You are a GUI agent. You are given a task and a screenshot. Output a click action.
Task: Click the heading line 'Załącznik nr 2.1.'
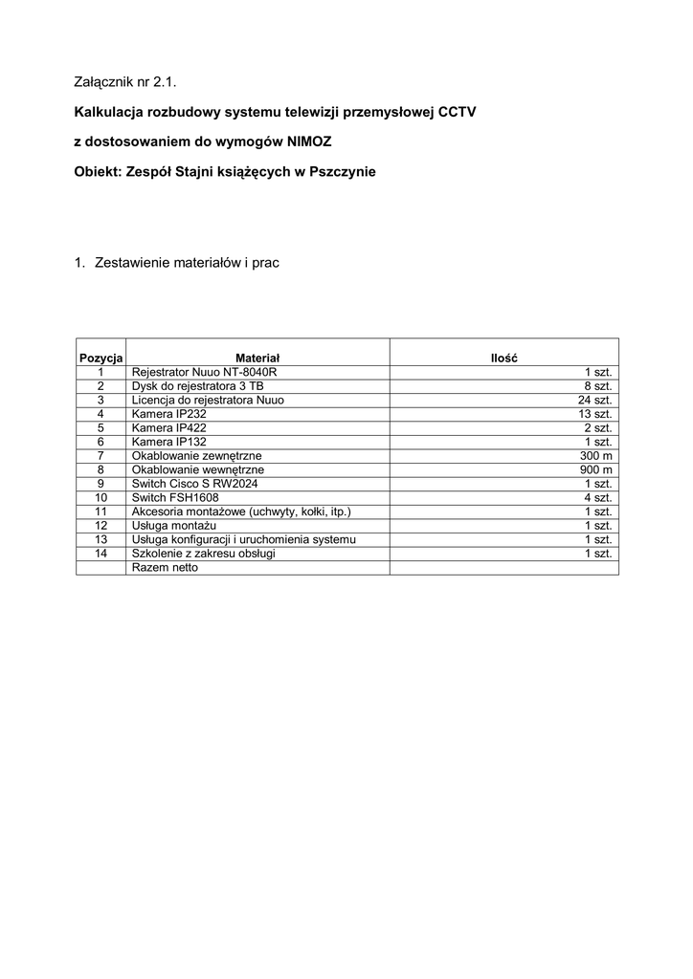124,82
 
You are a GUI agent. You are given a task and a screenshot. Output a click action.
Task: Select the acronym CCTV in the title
457,112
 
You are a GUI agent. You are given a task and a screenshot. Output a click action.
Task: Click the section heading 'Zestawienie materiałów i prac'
187,261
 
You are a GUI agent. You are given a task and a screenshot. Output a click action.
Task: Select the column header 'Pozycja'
101,357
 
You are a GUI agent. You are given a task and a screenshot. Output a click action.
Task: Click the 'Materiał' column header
257,357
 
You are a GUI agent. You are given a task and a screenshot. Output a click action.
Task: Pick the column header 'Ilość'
503,357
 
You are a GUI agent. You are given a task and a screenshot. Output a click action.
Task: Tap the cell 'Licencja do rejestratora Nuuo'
208,400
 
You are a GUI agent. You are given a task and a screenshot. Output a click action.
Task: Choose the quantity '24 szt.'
595,400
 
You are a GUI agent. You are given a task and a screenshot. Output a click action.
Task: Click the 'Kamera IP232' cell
168,414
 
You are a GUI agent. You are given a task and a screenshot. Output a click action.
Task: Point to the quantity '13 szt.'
595,414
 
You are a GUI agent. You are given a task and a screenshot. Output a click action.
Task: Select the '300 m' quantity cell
596,456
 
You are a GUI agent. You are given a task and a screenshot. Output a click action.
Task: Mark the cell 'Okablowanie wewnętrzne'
197,470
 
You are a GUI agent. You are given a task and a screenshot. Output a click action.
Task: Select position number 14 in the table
101,555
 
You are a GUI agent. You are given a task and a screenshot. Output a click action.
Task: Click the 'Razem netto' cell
165,568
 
